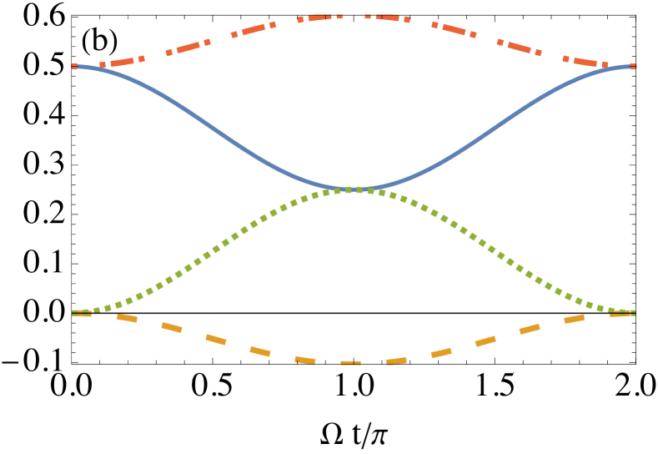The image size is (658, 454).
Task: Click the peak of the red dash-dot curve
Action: pos(354,16)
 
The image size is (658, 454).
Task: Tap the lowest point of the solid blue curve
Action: pos(354,189)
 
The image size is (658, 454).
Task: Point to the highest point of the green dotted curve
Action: pos(354,190)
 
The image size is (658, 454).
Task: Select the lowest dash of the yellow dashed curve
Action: pos(351,363)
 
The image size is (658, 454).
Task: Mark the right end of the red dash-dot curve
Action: pos(633,66)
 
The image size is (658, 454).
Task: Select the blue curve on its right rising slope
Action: pos(500,126)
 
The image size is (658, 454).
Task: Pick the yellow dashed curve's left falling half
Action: pos(216,339)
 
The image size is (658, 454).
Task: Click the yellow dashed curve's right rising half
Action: pos(485,340)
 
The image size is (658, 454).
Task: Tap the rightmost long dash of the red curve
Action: pos(584,62)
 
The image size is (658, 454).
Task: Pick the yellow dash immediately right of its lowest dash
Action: pos(396,361)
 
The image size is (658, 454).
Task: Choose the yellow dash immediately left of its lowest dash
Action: pos(305,361)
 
